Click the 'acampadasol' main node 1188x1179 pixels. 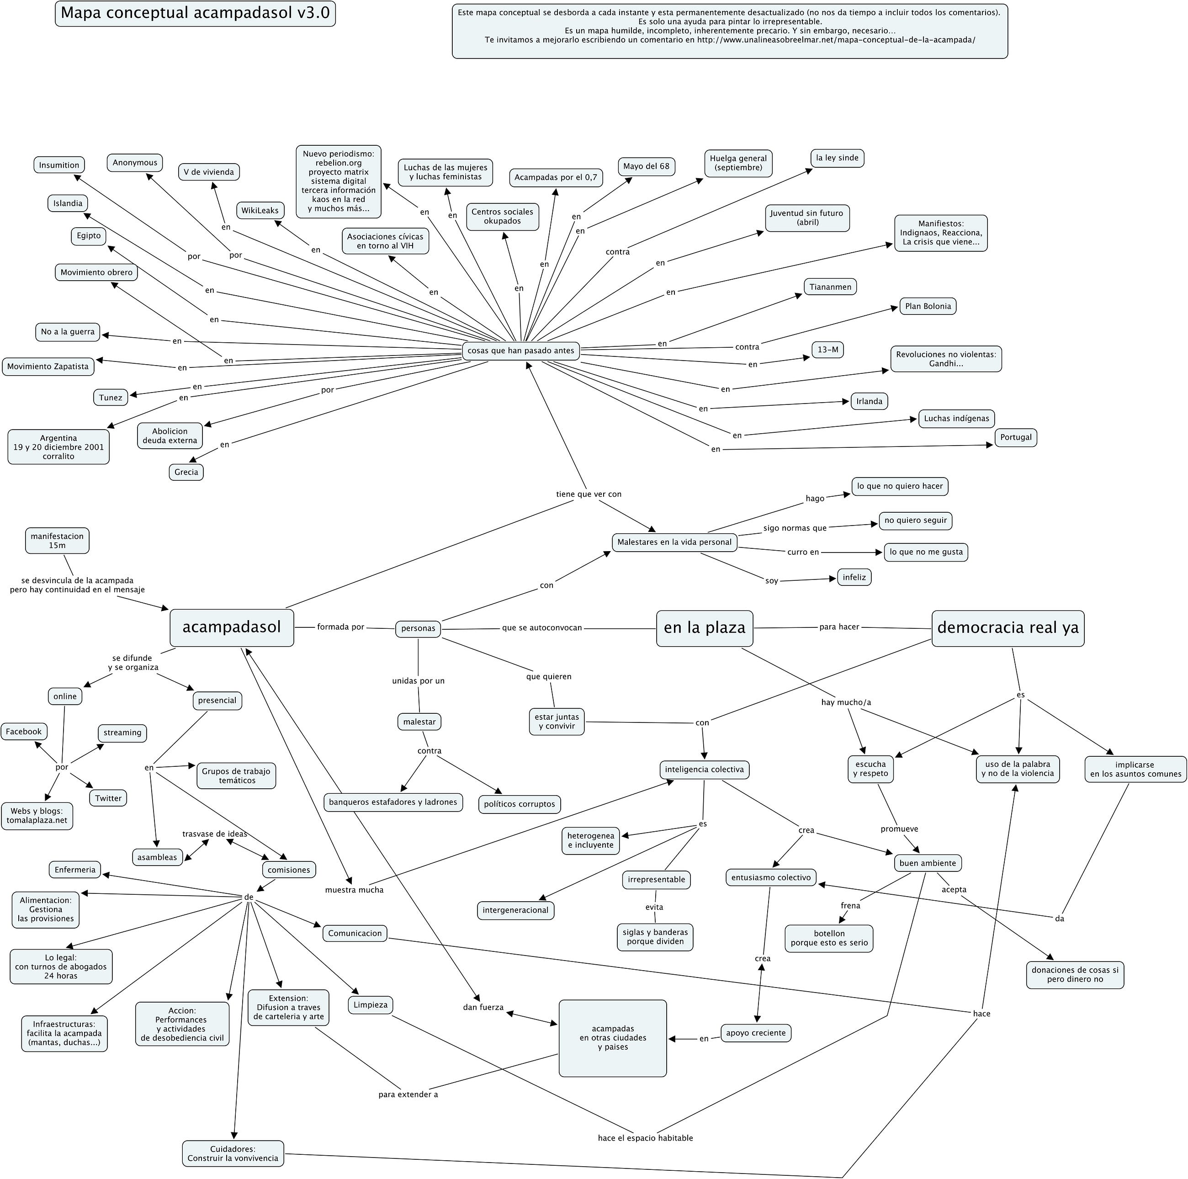coord(232,627)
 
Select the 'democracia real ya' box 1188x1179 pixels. coord(1008,628)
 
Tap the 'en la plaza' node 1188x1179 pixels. coord(705,628)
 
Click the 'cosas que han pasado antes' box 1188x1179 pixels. coord(521,351)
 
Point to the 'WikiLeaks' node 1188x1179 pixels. coord(260,210)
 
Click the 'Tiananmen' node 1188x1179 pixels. coord(830,287)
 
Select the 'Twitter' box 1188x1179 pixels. coord(108,798)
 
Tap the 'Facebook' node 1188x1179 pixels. coord(24,731)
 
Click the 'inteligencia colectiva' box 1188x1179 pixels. coord(704,770)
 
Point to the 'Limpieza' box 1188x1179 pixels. coord(371,1005)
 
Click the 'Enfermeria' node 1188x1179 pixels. coord(75,870)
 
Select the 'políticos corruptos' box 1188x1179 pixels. coord(520,804)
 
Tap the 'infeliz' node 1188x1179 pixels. coord(854,578)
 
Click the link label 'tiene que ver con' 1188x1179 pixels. coord(589,494)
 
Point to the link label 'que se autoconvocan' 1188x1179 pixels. coord(542,628)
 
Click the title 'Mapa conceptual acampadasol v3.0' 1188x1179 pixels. coord(196,14)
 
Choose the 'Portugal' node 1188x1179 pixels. coord(1016,437)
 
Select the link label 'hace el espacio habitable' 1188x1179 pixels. coord(645,1138)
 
